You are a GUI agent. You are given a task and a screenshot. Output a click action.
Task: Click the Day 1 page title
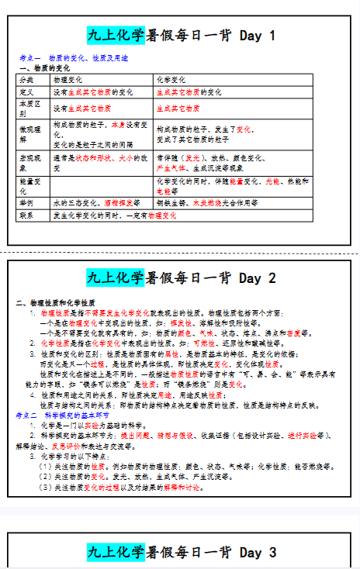point(180,36)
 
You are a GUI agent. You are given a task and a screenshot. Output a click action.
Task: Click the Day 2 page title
point(180,278)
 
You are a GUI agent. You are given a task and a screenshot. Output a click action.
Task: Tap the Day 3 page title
point(180,552)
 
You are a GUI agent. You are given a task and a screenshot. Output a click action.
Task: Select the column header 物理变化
point(69,80)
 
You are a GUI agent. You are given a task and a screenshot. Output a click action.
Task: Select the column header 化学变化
point(171,80)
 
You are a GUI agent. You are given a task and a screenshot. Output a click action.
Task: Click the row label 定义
point(26,91)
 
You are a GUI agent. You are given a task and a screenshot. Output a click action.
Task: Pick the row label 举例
point(26,202)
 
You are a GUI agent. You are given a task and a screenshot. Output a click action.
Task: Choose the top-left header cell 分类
point(26,80)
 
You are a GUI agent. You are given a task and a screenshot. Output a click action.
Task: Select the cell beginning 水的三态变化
point(96,202)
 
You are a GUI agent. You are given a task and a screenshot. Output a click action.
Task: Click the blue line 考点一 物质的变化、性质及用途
point(74,58)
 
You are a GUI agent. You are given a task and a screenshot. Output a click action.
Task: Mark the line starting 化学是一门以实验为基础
point(85,426)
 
